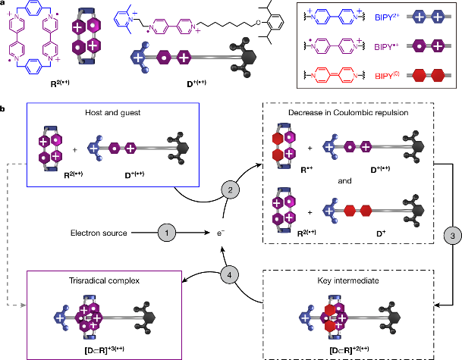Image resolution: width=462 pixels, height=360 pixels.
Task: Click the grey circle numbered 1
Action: point(167,233)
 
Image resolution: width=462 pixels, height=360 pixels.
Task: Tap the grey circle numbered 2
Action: point(230,190)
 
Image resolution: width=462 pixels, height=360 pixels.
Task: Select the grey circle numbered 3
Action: point(453,236)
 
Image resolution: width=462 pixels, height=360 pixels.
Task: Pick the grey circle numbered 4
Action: point(230,275)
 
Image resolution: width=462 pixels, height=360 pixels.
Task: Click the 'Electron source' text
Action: point(99,233)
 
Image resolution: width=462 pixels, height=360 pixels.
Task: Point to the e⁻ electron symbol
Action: point(221,233)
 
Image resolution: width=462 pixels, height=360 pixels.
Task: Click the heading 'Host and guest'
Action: point(113,113)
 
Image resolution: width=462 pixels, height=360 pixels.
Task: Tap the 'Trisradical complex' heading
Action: point(104,280)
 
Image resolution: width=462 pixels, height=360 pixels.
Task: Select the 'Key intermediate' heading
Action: point(348,280)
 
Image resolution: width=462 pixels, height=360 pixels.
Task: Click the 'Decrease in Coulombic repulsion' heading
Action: point(348,113)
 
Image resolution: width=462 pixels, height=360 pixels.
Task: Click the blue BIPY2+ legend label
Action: point(387,17)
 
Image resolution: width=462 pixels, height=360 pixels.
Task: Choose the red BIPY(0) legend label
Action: point(387,76)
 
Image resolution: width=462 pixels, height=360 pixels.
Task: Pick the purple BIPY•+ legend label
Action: point(387,46)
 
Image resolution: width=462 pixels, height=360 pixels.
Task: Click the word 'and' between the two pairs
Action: point(344,180)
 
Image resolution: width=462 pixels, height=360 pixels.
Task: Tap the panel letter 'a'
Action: point(2,4)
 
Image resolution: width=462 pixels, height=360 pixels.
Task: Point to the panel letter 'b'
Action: point(2,109)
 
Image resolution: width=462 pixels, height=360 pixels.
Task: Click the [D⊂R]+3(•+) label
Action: point(104,350)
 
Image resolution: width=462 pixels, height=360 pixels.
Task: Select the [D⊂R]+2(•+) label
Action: point(349,350)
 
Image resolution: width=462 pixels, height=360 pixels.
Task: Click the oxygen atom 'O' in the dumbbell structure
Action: point(259,23)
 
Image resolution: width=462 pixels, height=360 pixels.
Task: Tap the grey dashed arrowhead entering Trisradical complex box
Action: point(24,305)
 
